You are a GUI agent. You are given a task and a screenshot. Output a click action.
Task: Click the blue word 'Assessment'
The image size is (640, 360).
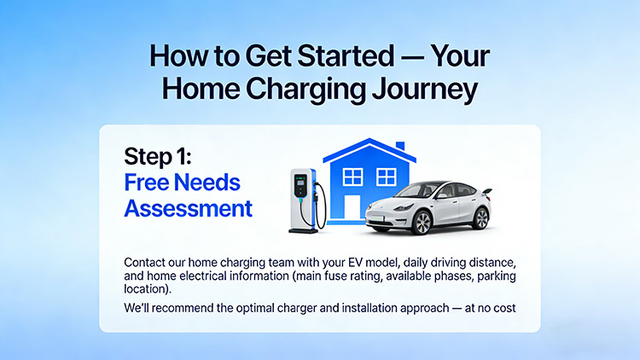[x=188, y=207]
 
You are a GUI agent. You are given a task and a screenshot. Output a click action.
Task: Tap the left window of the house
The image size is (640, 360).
[x=352, y=177]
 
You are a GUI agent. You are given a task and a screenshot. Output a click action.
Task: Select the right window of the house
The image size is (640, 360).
[x=386, y=177]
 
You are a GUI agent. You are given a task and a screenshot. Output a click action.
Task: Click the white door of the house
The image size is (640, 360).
[x=353, y=213]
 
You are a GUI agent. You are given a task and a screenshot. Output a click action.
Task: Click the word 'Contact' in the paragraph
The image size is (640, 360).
[x=146, y=262]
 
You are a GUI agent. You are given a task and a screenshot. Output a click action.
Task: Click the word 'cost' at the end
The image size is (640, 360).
[x=502, y=306]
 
